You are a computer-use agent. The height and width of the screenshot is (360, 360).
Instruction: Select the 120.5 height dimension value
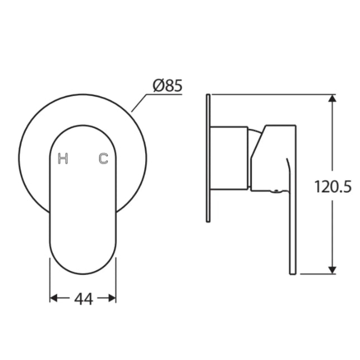[333, 186]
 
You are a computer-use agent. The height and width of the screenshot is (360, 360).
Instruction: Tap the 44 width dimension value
[83, 299]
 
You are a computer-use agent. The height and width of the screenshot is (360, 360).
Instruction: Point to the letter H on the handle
[63, 159]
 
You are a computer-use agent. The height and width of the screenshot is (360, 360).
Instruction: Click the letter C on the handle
[103, 159]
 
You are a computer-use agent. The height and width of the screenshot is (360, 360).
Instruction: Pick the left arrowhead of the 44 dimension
[54, 298]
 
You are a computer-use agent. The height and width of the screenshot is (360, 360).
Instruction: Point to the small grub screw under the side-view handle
[273, 192]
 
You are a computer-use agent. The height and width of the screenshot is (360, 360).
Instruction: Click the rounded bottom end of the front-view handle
[83, 268]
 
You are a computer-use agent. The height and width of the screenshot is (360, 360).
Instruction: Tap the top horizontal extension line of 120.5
[268, 94]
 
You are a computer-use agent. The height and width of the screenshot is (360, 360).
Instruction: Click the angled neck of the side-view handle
[257, 147]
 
